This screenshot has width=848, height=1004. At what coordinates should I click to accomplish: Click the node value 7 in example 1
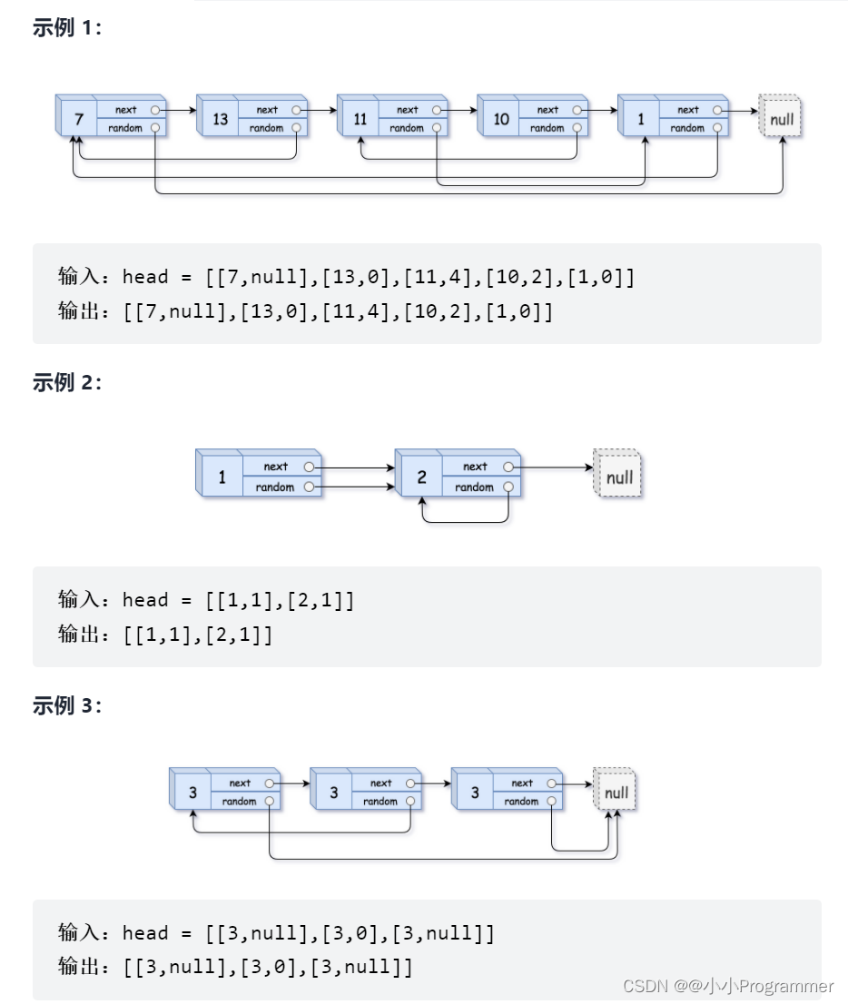tap(79, 120)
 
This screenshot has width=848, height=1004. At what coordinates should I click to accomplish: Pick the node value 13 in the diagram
tap(221, 120)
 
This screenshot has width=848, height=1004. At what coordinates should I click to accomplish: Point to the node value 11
tap(360, 120)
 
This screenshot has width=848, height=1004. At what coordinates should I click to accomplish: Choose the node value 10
tap(501, 120)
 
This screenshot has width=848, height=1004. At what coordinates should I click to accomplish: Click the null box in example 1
tap(781, 119)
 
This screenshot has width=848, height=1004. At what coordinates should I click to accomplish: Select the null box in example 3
tap(616, 792)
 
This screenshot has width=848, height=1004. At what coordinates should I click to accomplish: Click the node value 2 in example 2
tap(421, 477)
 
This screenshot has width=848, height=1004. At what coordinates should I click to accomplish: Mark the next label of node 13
tap(267, 110)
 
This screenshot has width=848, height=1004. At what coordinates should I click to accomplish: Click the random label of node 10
tap(547, 128)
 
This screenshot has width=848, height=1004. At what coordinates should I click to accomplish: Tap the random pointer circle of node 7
tap(155, 128)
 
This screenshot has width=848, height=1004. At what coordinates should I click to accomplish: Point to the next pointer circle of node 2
tap(508, 467)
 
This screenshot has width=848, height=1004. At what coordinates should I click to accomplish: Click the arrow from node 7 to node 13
tap(179, 110)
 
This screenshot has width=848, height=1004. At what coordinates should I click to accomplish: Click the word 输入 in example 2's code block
tap(76, 600)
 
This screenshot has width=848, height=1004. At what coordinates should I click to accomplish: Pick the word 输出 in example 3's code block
tap(76, 967)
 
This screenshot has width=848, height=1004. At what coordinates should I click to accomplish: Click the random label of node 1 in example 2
tap(274, 487)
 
